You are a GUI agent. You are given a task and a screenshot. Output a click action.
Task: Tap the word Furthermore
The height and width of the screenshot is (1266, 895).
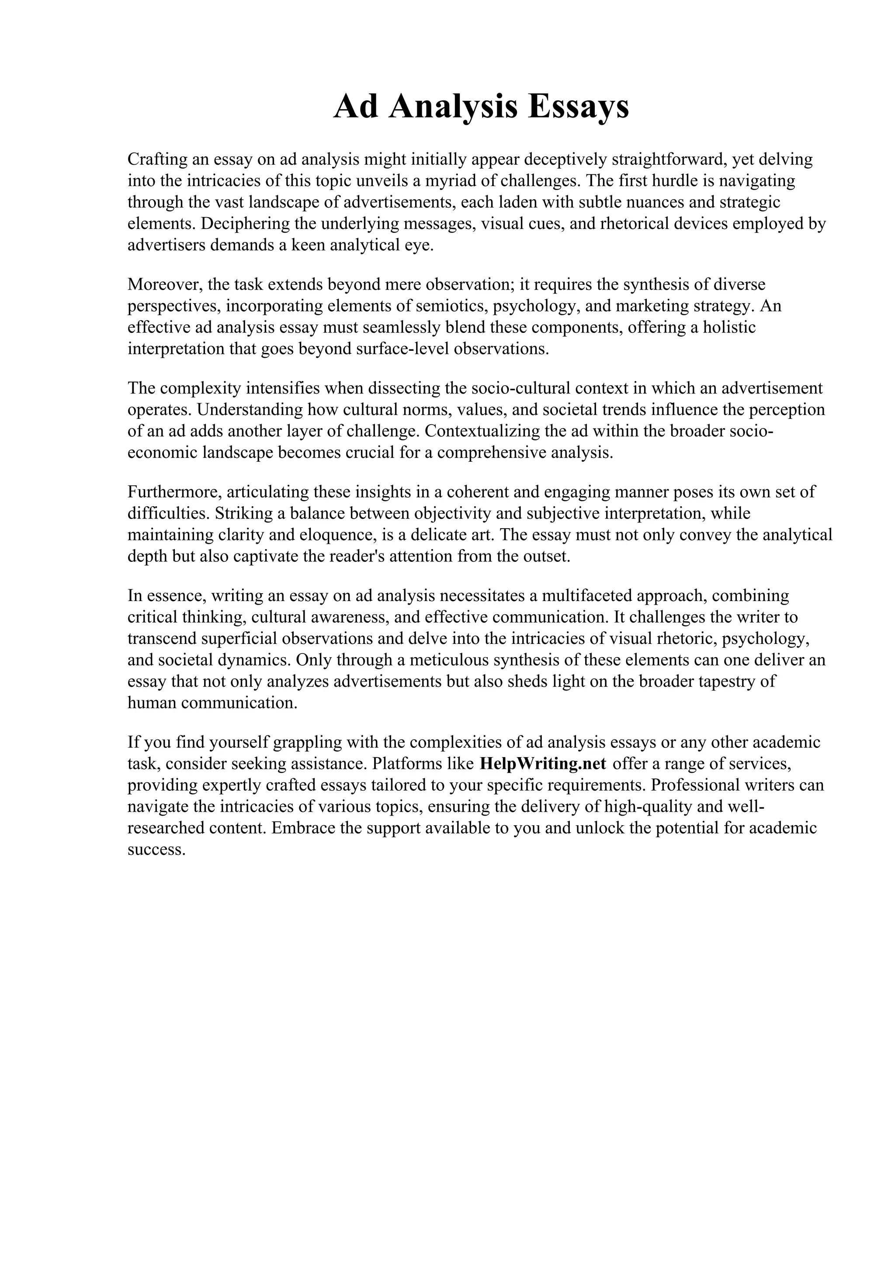click(174, 492)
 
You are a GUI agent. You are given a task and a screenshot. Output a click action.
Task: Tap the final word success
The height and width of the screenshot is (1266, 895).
click(156, 850)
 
